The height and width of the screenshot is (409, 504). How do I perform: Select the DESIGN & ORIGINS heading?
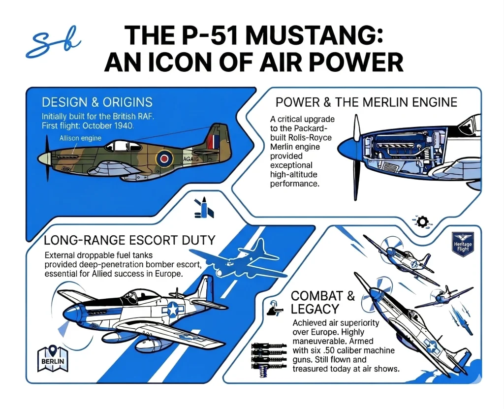[97, 102]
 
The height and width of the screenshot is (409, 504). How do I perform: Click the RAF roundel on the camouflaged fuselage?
[163, 158]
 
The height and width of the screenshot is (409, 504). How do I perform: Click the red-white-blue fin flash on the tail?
[213, 142]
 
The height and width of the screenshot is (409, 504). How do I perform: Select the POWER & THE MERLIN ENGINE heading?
[366, 102]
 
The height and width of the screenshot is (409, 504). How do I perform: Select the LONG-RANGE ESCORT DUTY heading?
[129, 240]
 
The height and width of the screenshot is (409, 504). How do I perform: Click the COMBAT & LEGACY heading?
[316, 302]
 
